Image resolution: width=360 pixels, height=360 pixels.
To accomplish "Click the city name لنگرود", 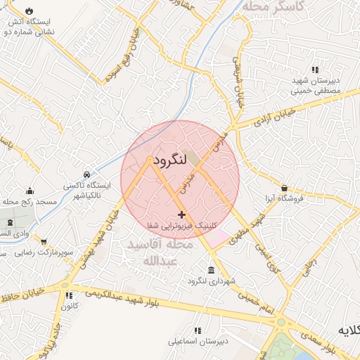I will [x=169, y=160].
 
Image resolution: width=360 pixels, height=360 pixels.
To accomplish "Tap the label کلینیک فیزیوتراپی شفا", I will [x=182, y=226].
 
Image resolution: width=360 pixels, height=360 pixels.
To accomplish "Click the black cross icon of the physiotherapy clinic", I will [x=182, y=214].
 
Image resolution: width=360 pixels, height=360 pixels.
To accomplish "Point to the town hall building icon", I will [x=212, y=271].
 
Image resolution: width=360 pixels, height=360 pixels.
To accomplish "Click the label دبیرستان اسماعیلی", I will [x=196, y=342].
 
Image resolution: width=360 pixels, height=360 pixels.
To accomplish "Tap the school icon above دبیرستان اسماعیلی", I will [x=197, y=330].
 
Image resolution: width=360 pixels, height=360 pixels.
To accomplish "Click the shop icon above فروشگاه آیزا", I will [x=284, y=188].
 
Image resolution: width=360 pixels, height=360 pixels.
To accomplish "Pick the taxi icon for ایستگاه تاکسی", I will [x=86, y=174].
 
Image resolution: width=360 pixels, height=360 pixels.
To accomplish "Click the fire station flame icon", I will [x=29, y=11].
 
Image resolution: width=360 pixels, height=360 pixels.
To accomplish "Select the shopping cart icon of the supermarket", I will [x=44, y=241].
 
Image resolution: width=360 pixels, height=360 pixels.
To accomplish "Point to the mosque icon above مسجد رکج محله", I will [x=30, y=191].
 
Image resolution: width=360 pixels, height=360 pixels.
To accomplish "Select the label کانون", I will [x=69, y=306].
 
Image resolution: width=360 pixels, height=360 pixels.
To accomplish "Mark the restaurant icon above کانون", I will [x=69, y=295].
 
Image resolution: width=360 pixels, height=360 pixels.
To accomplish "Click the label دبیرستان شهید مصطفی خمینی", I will [x=316, y=86].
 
